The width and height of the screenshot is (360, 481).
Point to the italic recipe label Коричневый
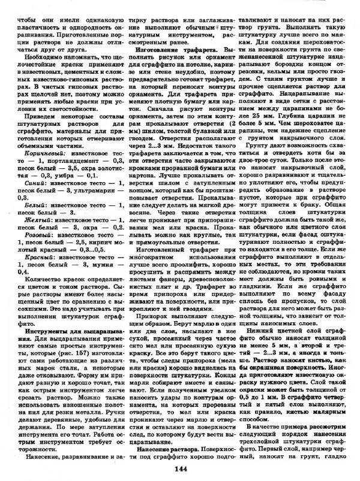tap(34, 153)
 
